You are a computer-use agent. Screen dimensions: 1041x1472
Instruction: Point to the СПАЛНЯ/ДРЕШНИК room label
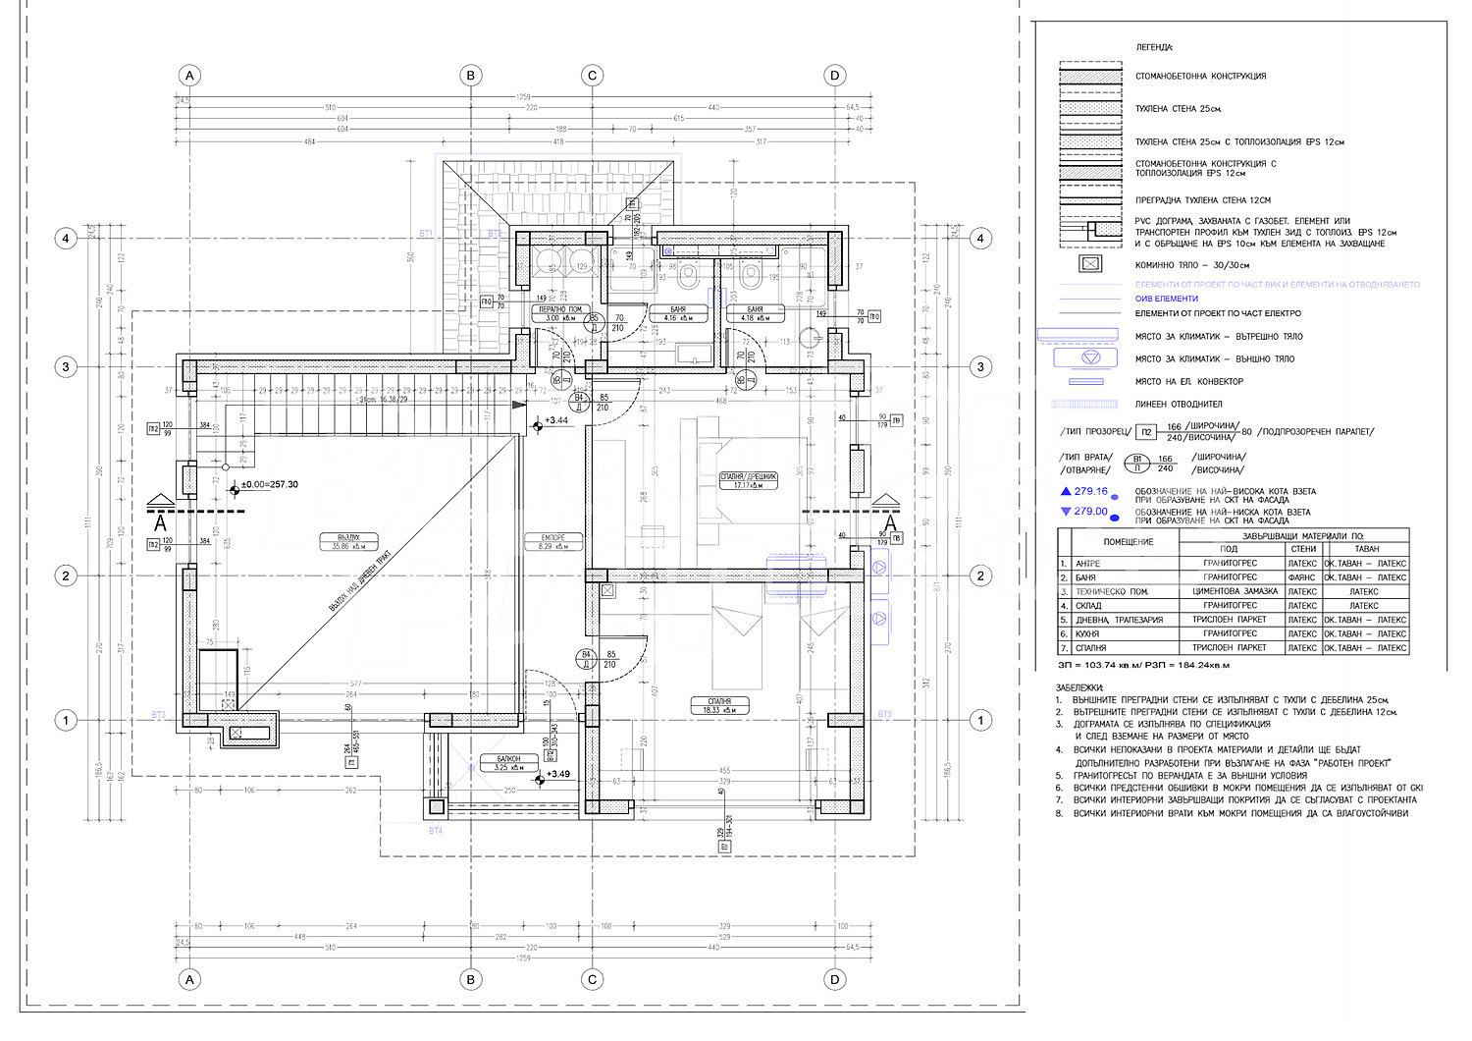749,476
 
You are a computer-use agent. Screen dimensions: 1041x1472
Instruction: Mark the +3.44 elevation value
556,420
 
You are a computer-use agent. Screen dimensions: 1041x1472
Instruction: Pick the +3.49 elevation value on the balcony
558,775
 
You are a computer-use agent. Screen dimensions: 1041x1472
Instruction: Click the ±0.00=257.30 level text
270,485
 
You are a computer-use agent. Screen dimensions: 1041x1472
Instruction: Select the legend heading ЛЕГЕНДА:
1154,47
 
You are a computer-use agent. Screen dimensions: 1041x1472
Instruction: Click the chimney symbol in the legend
1090,264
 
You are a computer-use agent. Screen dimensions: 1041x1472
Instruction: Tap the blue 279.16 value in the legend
1090,491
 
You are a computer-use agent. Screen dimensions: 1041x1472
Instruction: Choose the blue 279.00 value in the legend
1090,512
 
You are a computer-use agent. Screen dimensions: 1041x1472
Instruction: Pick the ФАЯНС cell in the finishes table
1302,577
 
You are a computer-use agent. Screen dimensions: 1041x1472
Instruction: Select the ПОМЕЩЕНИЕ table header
1128,542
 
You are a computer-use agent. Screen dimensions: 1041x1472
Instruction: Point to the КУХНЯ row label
1090,634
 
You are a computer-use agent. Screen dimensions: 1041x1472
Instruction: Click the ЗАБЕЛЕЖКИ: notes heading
1079,688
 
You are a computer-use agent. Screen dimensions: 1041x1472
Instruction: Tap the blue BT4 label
436,831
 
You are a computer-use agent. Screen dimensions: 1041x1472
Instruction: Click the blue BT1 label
426,234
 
